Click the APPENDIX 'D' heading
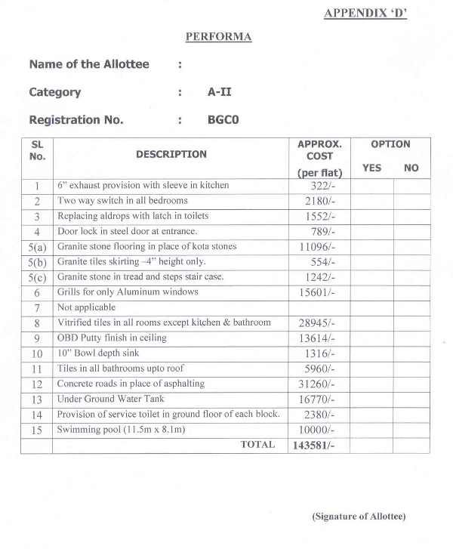pyautogui.click(x=365, y=13)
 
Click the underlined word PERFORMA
pyautogui.click(x=218, y=36)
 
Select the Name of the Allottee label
pyautogui.click(x=89, y=64)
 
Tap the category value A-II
pyautogui.click(x=220, y=92)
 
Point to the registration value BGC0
pyautogui.click(x=223, y=119)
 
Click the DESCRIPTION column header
pyautogui.click(x=171, y=154)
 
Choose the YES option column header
pyautogui.click(x=371, y=168)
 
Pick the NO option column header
pyautogui.click(x=411, y=168)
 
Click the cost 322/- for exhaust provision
pyautogui.click(x=320, y=186)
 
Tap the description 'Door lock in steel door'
pyautogui.click(x=127, y=231)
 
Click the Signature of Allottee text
pyautogui.click(x=359, y=517)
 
